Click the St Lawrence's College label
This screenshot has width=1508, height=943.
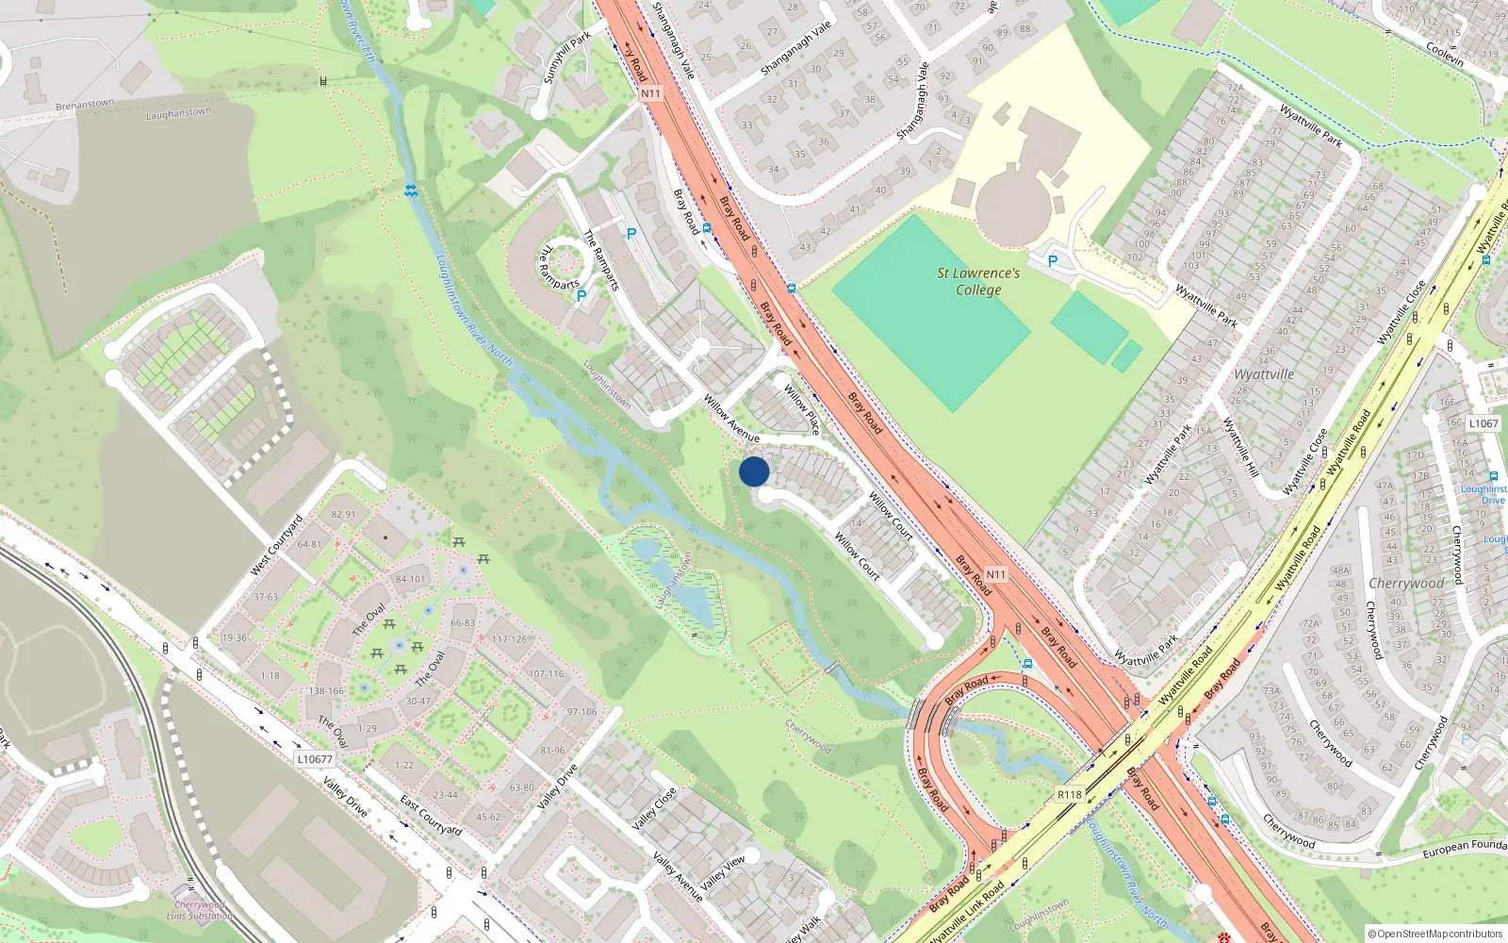pos(978,281)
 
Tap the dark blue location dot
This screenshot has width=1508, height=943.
pos(754,471)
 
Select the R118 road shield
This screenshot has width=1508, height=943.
pos(1069,795)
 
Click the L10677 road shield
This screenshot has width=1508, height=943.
pos(315,759)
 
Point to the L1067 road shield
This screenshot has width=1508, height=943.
pos(1483,423)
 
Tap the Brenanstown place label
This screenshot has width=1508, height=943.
pos(85,105)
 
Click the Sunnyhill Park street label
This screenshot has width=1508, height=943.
pos(567,57)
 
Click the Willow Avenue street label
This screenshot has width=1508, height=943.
pos(731,419)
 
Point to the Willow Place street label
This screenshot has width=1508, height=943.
pos(802,405)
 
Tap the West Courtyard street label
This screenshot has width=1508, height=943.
pos(277,546)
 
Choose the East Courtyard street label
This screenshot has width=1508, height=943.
pos(431,816)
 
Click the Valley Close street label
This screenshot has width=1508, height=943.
pos(653,808)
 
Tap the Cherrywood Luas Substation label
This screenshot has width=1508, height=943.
pos(200,910)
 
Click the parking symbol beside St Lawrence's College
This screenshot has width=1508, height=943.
pos(1053,261)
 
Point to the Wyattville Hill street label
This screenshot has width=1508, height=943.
pos(1240,447)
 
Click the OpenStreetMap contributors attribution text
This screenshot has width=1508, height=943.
pos(1435,934)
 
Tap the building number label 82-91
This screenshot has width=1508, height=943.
pos(344,515)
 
